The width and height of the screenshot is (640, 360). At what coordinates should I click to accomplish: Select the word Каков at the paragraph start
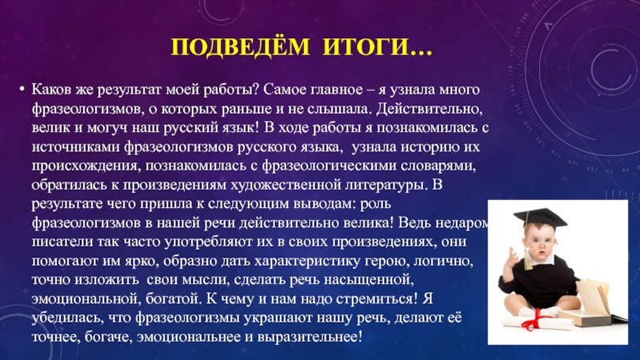click(50, 87)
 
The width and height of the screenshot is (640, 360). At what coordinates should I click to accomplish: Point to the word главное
click(338, 87)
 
